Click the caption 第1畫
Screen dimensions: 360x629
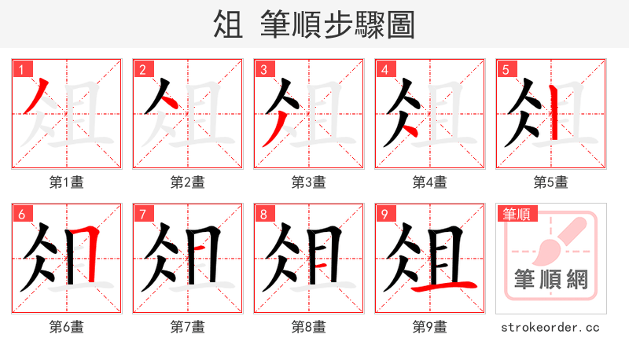pyautogui.click(x=67, y=182)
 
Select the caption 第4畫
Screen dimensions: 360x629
pyautogui.click(x=430, y=182)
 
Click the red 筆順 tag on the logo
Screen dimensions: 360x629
pyautogui.click(x=517, y=214)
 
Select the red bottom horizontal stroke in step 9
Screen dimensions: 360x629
pyautogui.click(x=444, y=287)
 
